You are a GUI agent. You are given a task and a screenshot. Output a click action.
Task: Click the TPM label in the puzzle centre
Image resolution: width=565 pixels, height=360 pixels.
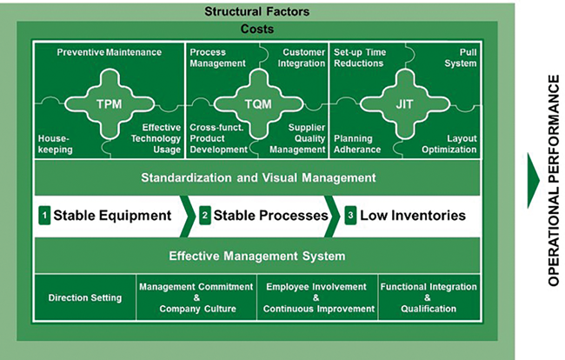tap(110, 104)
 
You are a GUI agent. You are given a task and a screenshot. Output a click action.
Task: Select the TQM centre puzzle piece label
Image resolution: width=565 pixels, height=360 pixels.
tap(258, 104)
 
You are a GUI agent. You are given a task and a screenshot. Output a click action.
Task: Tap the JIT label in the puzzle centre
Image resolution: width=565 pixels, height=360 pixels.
tap(404, 104)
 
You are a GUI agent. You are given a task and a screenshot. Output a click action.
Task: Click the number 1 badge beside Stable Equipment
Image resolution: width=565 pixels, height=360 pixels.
tap(44, 216)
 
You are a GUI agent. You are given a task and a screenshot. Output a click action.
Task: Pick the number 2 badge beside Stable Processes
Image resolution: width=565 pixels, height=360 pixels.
tap(204, 216)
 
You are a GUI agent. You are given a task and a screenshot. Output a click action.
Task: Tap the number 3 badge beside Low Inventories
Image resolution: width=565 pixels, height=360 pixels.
tap(350, 216)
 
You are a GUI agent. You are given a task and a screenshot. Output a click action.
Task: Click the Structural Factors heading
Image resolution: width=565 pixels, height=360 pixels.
tap(257, 11)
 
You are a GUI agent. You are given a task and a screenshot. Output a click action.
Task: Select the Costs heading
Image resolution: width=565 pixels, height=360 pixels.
tap(257, 29)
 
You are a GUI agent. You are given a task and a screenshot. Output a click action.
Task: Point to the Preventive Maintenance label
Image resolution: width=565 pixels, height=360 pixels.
tap(110, 52)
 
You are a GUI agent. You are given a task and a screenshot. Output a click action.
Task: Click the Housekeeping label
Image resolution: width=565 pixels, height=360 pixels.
tap(55, 144)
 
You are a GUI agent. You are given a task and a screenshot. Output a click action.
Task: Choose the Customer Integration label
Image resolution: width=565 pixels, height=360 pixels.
tap(302, 57)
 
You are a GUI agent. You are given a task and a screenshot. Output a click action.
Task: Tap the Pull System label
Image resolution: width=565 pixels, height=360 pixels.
tap(461, 57)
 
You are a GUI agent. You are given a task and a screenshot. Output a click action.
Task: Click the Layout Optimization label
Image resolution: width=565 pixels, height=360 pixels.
tap(449, 144)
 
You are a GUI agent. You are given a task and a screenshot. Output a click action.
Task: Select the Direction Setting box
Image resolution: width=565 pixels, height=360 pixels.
tap(85, 297)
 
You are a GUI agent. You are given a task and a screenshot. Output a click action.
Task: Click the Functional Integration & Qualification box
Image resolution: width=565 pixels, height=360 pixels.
tap(429, 297)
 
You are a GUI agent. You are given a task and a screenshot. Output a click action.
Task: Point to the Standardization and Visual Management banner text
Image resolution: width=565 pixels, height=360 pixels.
tap(258, 177)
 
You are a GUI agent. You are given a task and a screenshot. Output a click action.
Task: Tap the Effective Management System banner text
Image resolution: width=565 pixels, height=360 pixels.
tap(257, 256)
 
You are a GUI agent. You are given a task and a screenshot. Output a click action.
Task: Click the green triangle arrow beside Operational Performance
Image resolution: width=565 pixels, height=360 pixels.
tap(534, 181)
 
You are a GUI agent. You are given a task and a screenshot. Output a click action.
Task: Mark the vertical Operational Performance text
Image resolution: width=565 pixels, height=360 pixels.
tap(554, 181)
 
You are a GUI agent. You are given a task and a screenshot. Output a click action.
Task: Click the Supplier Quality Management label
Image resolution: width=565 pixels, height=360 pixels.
tap(297, 139)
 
